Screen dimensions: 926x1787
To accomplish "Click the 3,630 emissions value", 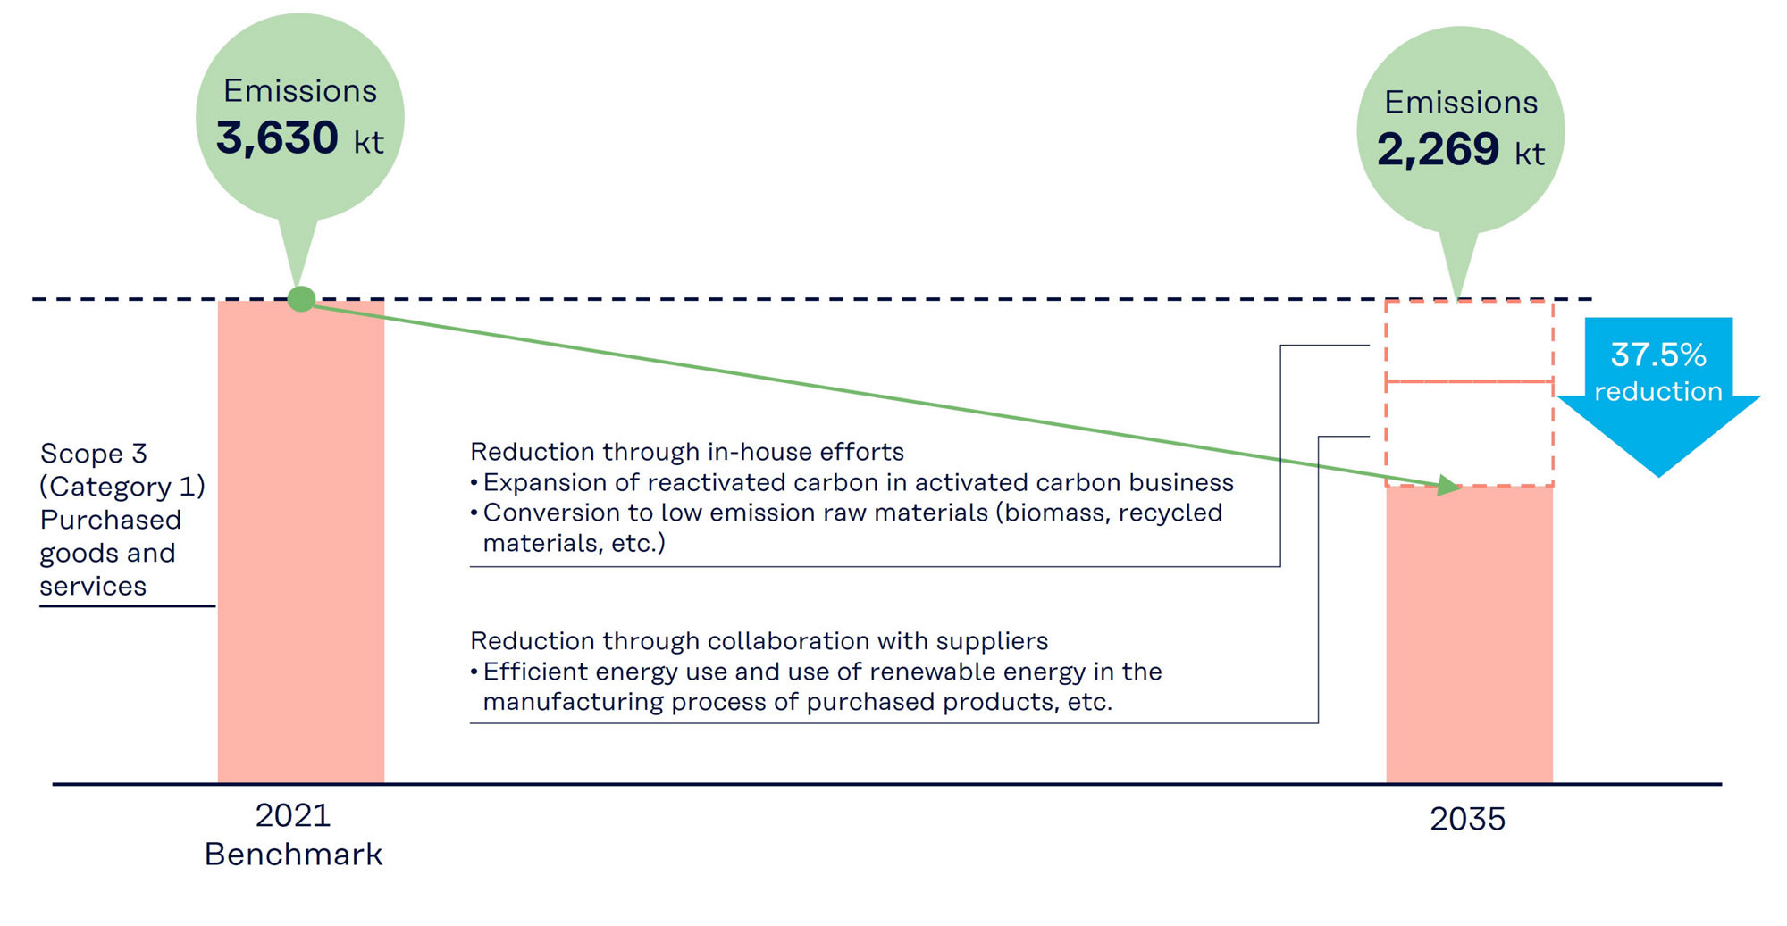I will [x=277, y=138].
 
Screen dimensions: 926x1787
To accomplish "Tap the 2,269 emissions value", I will [x=1438, y=150].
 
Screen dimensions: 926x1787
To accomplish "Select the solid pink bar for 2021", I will [x=301, y=554].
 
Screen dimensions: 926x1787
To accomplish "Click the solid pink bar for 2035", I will [x=1469, y=634].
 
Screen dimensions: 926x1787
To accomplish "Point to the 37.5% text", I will [x=1658, y=355].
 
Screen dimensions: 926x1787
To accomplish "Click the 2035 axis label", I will [x=1467, y=819].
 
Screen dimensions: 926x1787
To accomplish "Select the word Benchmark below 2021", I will [x=293, y=855].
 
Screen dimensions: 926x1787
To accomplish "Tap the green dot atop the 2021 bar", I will [x=302, y=299].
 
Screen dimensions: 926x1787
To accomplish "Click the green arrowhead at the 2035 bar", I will [x=1448, y=487].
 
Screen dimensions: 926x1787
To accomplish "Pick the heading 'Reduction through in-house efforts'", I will [x=687, y=452].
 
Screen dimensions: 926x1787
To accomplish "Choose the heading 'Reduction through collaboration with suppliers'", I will [x=759, y=641].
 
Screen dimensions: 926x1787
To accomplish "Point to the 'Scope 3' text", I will [x=94, y=454].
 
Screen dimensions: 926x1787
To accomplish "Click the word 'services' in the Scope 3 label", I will [x=93, y=587].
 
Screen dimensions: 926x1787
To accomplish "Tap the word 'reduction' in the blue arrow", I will [x=1658, y=391].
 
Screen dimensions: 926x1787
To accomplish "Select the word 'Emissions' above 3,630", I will [x=300, y=91].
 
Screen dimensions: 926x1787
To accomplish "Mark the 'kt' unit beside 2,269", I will [x=1530, y=154].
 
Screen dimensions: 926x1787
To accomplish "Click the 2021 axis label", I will [x=293, y=815].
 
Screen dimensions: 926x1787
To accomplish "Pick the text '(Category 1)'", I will [x=122, y=487].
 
